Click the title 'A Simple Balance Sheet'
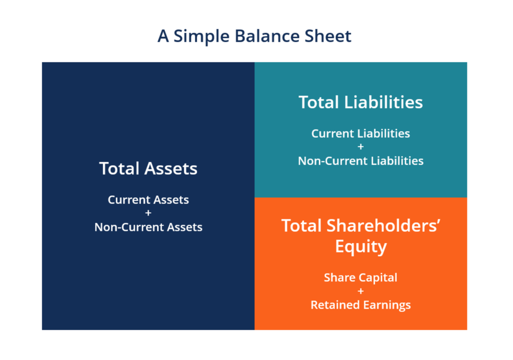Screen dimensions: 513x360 click(254, 36)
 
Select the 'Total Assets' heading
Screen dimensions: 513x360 click(148, 168)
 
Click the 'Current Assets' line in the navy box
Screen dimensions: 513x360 click(148, 200)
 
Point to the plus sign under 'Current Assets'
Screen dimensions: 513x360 click(148, 213)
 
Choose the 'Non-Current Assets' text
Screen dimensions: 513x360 click(148, 227)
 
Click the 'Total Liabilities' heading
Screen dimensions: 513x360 click(361, 102)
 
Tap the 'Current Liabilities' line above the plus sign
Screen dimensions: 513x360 click(361, 133)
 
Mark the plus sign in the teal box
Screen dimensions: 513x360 click(361, 147)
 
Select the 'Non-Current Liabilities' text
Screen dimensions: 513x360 click(361, 161)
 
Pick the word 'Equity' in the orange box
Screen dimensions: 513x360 click(361, 247)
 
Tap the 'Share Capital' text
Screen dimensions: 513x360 click(361, 278)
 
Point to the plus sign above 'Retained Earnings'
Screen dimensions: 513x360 click(361, 291)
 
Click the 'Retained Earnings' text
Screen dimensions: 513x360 click(361, 305)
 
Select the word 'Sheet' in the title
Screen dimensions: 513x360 click(328, 36)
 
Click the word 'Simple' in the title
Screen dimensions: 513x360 click(201, 36)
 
